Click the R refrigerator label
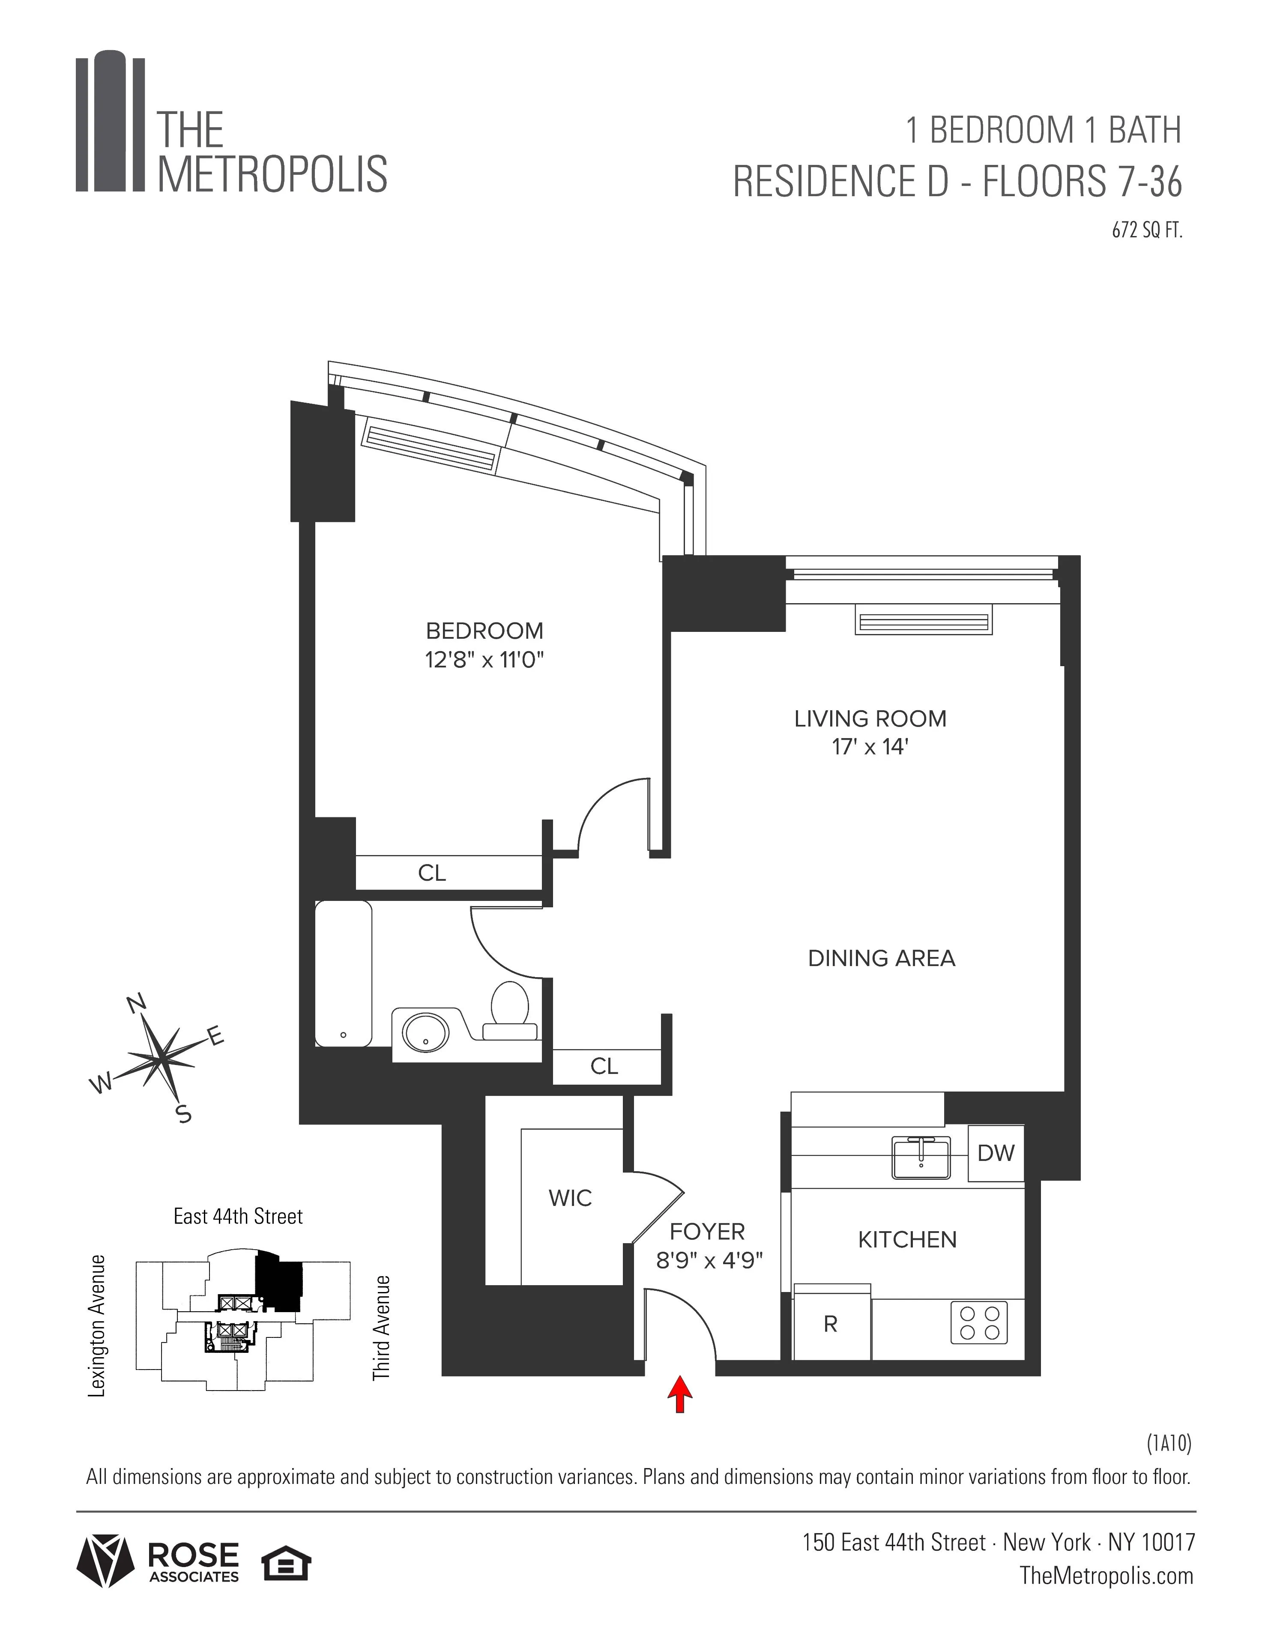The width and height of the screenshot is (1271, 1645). pos(830,1324)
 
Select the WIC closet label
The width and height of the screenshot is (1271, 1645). pos(570,1198)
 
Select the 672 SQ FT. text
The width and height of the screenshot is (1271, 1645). pos(1147,231)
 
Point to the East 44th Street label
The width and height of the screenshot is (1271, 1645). pos(238,1217)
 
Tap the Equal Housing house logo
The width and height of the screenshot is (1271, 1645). pos(286,1565)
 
